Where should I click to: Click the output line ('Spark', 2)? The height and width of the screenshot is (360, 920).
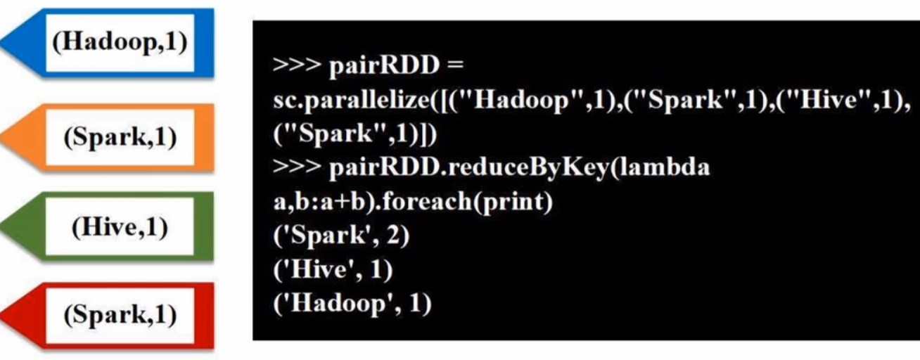(x=340, y=238)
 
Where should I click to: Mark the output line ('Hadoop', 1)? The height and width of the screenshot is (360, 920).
(x=352, y=306)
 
